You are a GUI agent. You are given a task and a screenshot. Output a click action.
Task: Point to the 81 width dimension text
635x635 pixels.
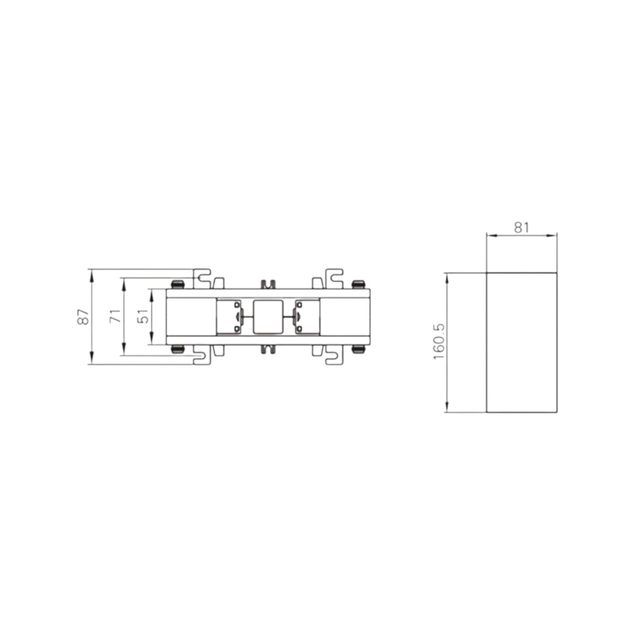click(521, 228)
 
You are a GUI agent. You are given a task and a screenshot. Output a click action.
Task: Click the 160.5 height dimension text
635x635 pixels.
click(439, 341)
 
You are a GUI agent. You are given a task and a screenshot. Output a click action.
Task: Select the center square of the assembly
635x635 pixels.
click(268, 316)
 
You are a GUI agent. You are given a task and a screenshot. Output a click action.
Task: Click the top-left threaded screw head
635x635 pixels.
click(178, 284)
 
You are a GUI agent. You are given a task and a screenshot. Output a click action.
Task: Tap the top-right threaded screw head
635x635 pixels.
click(359, 284)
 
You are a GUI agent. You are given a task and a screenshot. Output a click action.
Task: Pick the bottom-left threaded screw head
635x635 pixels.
click(178, 349)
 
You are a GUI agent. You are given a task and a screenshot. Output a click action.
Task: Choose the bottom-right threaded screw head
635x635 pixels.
click(359, 349)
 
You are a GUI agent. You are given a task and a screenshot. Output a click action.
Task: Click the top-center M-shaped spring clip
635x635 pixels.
click(268, 284)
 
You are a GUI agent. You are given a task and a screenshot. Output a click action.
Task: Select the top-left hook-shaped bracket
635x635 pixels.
click(203, 278)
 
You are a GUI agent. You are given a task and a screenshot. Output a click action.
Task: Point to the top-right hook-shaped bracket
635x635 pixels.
click(334, 278)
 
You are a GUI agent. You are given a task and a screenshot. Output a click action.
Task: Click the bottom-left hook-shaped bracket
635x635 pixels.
click(203, 355)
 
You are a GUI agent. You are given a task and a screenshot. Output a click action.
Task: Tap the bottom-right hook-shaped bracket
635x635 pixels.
click(334, 355)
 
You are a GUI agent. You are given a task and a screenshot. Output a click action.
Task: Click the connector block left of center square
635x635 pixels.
click(229, 316)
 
